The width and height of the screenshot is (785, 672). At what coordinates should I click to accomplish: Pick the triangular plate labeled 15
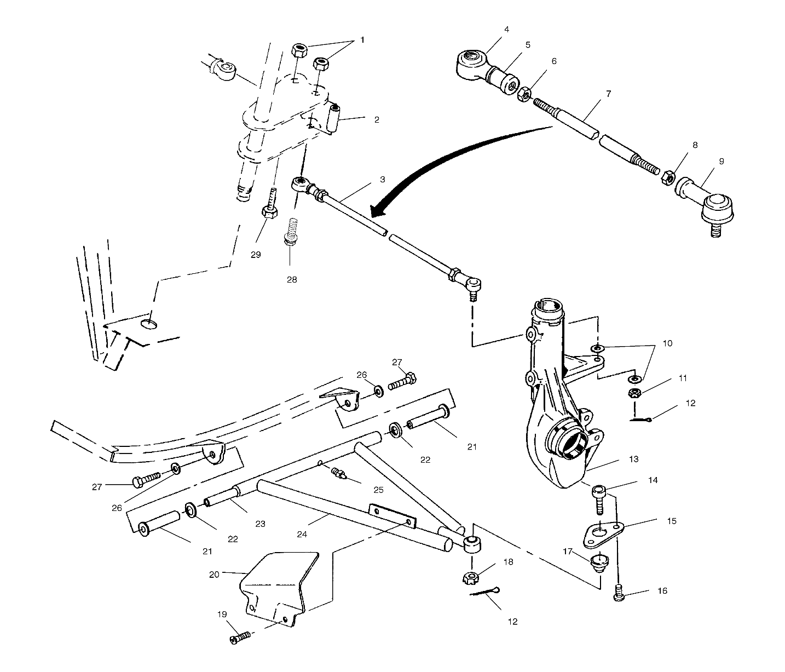coord(599,534)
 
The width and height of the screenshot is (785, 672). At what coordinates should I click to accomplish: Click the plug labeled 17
coord(600,562)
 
